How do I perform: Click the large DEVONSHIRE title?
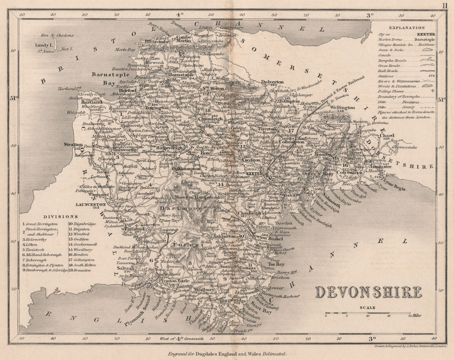[368, 291]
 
